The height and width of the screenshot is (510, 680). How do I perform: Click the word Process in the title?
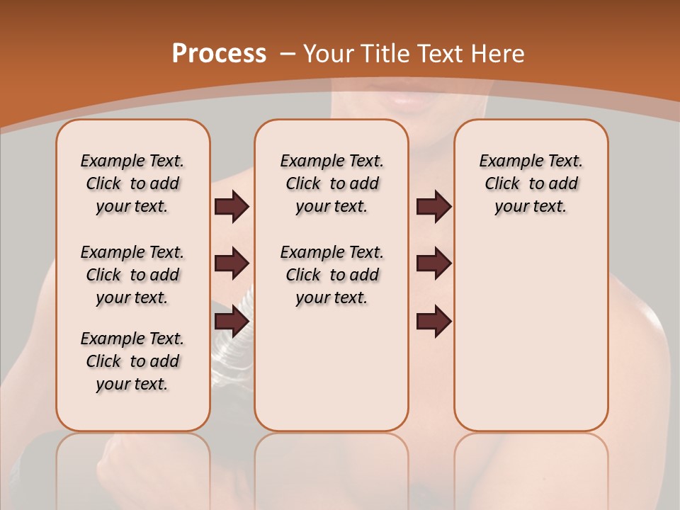[219, 54]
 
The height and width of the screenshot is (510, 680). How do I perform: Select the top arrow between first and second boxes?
[232, 207]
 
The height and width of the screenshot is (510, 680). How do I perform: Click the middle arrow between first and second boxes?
[232, 263]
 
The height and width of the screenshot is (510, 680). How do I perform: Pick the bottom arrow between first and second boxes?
[232, 321]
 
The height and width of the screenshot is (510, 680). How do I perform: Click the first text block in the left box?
[132, 183]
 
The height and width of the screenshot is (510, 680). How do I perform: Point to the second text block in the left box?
[132, 275]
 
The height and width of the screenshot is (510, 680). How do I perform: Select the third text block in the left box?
[132, 361]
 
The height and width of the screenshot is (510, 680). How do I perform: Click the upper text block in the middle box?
[331, 183]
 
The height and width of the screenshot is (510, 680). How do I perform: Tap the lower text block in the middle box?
[331, 275]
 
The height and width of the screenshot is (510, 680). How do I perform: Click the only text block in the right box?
[531, 183]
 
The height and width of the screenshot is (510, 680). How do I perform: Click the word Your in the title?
[329, 54]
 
